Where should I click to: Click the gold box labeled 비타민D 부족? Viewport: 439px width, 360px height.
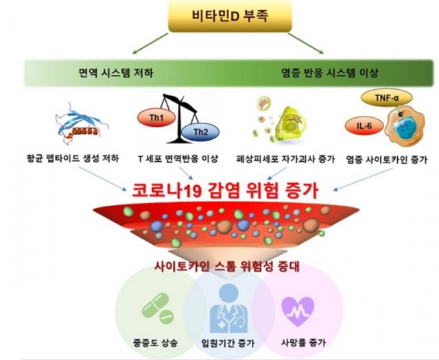[230, 16]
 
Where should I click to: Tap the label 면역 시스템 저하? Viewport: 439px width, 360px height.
[116, 73]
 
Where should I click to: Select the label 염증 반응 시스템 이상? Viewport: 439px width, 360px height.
[329, 73]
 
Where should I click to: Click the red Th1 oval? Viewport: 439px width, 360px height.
[156, 117]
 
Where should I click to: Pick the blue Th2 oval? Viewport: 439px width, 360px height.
[200, 132]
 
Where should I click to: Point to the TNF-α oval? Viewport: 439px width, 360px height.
[386, 97]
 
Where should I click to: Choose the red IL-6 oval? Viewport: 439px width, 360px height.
[364, 126]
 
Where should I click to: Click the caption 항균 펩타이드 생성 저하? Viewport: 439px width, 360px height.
[72, 158]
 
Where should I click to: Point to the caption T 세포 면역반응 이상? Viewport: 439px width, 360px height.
[178, 158]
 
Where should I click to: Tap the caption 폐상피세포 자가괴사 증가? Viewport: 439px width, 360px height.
[285, 158]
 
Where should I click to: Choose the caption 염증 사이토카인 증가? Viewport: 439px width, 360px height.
[387, 159]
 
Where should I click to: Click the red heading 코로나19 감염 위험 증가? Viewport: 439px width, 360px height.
[225, 191]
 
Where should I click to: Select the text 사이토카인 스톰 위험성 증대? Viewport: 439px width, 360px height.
[227, 265]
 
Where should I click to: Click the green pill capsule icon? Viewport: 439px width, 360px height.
[158, 307]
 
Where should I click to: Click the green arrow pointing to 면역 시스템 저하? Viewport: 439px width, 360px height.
[151, 43]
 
